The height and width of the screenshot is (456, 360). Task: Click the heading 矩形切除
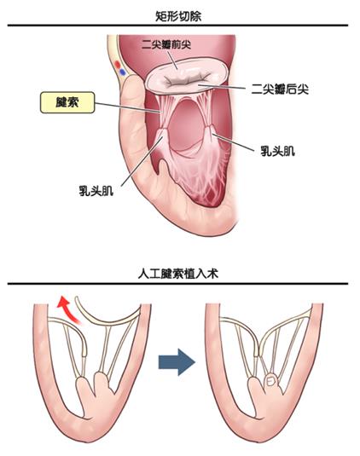(x=178, y=16)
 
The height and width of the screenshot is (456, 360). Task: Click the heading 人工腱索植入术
(x=177, y=274)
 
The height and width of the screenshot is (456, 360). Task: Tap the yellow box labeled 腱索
(x=67, y=102)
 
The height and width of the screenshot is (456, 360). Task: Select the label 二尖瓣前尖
(x=166, y=45)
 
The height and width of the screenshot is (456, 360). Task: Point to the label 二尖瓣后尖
(x=280, y=89)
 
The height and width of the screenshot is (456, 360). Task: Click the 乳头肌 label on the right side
(x=277, y=151)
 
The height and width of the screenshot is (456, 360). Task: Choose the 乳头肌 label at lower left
(x=96, y=191)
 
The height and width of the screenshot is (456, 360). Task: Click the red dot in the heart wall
(x=118, y=64)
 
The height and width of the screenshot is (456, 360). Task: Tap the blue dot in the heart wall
(x=123, y=72)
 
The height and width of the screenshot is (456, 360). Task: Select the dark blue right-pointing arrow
(x=177, y=362)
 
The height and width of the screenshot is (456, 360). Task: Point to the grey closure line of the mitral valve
(x=188, y=79)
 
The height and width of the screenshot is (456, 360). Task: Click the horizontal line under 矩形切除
(x=177, y=26)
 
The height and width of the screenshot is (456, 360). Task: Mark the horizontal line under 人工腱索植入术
(x=177, y=284)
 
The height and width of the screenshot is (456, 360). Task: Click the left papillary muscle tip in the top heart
(x=164, y=130)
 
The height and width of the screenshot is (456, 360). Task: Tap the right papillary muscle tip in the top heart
(x=210, y=128)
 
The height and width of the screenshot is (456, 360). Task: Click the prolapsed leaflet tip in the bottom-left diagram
(x=84, y=352)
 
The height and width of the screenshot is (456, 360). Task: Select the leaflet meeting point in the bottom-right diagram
(x=259, y=351)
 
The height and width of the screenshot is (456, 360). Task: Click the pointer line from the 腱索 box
(x=128, y=107)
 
